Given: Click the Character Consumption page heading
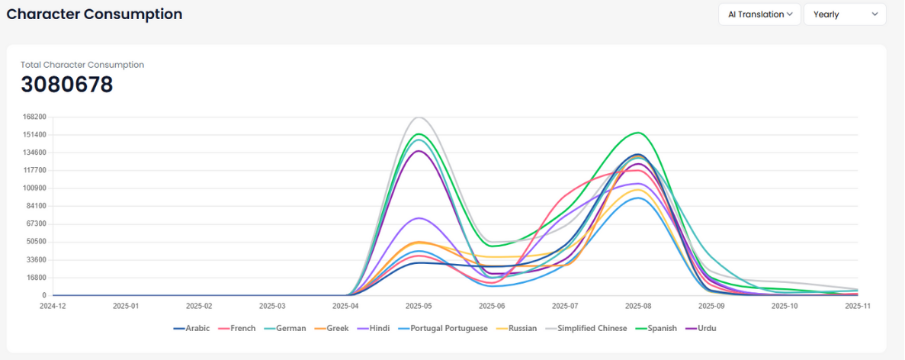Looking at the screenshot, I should [x=95, y=14].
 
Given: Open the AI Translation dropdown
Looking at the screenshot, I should [x=759, y=14].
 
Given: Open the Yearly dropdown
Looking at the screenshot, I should [x=845, y=14].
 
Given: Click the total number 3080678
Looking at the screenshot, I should [x=67, y=85].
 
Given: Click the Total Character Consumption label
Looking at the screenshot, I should [x=82, y=65].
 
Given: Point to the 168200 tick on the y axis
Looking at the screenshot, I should [x=34, y=117].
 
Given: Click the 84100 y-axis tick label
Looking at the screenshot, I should [x=36, y=206].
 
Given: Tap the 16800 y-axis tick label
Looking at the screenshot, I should [x=36, y=278].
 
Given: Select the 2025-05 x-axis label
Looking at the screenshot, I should [x=419, y=306].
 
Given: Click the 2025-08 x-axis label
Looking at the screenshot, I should [x=638, y=306].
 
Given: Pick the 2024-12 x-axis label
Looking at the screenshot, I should [x=53, y=306].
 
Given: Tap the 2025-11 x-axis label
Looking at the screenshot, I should [x=857, y=306].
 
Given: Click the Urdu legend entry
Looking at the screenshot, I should [x=706, y=328].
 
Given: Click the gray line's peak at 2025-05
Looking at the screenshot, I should [x=419, y=117].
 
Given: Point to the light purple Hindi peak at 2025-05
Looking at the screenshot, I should [x=419, y=218].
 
